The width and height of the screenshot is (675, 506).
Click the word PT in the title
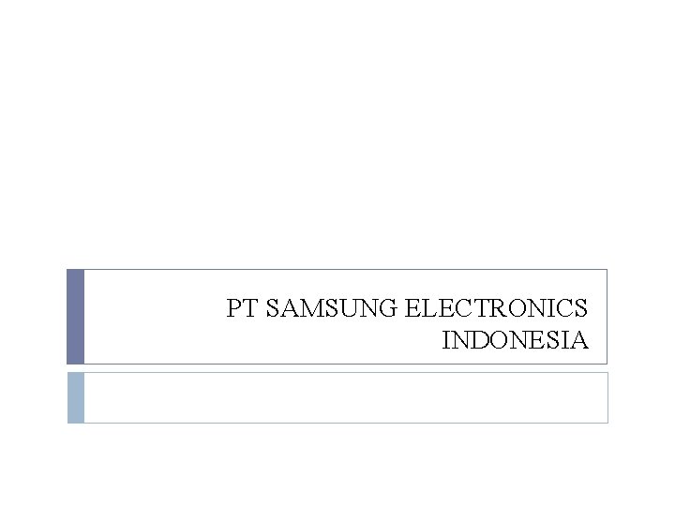pyautogui.click(x=242, y=308)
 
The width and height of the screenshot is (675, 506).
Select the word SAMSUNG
pyautogui.click(x=334, y=308)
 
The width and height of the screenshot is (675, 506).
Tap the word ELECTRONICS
pyautogui.click(x=498, y=308)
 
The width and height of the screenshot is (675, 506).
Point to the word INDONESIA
pyautogui.click(x=515, y=339)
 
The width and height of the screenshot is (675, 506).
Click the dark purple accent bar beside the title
pyautogui.click(x=76, y=317)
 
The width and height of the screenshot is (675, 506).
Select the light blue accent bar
pyautogui.click(x=76, y=397)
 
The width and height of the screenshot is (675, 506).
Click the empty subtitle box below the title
pyautogui.click(x=345, y=397)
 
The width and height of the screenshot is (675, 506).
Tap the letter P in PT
pyautogui.click(x=234, y=308)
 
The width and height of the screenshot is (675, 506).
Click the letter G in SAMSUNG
pyautogui.click(x=393, y=308)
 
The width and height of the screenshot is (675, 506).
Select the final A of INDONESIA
pyautogui.click(x=579, y=339)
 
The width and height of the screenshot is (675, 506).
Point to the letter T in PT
pyautogui.click(x=250, y=308)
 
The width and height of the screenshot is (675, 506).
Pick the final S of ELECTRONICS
pyautogui.click(x=581, y=308)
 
